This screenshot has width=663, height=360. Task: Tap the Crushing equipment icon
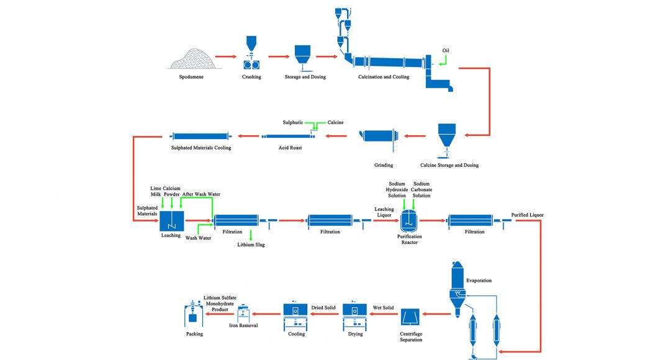tap(251, 56)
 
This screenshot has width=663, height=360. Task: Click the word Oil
tap(446, 50)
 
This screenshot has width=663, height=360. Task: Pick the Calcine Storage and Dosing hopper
tap(446, 138)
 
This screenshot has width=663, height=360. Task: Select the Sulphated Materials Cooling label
tap(201, 148)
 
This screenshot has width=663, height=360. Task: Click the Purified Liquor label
tap(528, 215)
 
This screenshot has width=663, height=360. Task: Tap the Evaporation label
tap(479, 281)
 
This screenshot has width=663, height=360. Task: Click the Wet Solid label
tap(383, 307)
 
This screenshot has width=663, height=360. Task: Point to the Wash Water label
tap(199, 238)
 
